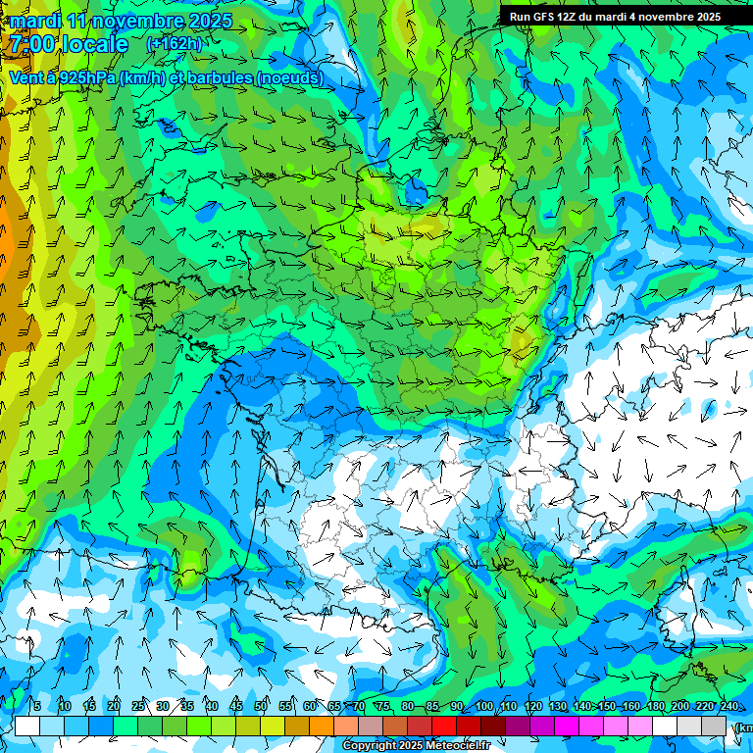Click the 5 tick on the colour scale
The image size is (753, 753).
coord(37,707)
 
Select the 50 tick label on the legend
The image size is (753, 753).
coord(261,707)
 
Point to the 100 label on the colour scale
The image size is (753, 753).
coord(484,707)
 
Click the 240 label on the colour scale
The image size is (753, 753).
coord(728,707)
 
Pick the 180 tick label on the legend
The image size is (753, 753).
coord(655,707)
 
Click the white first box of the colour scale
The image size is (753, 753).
coord(27,726)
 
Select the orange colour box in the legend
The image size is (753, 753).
coord(322,726)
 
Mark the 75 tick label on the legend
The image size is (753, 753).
coord(383,707)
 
